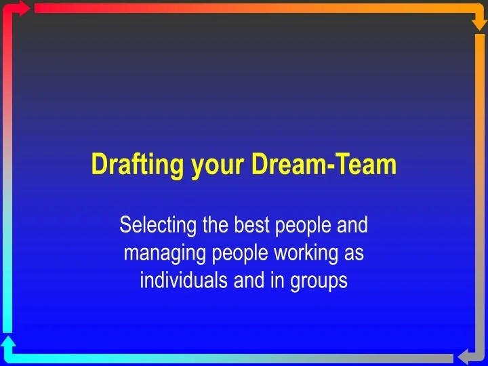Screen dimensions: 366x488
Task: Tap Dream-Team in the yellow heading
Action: click(x=323, y=164)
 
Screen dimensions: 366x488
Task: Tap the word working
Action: click(x=308, y=253)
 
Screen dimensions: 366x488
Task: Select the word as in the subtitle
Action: click(x=354, y=253)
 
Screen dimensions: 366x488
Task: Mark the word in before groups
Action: click(x=279, y=280)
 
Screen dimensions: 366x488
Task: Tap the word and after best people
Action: click(x=352, y=224)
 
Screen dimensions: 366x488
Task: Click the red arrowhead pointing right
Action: click(x=22, y=8)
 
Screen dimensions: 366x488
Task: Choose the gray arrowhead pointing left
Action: click(x=466, y=357)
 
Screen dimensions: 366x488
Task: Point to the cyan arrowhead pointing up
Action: click(x=8, y=342)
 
